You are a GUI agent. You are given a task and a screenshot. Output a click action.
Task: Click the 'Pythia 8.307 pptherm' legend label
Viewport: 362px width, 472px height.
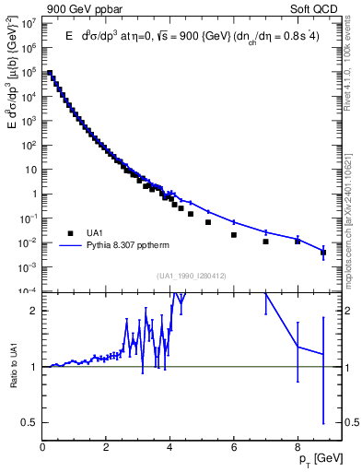tap(129, 246)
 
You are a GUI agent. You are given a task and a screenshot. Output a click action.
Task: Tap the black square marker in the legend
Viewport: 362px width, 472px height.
tap(69, 232)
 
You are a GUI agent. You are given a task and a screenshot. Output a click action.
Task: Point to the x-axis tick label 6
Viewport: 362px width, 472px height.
tap(234, 449)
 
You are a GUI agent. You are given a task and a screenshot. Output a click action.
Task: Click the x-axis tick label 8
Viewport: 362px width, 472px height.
tap(298, 449)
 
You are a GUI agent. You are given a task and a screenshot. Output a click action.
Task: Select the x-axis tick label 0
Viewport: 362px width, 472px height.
tap(42, 449)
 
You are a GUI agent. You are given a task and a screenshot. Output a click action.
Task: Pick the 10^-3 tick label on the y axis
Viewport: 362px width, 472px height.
tap(29, 267)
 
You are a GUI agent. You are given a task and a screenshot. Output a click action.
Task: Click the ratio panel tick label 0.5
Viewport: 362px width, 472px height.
tap(30, 423)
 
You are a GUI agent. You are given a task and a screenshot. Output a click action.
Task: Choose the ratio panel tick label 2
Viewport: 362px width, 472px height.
tap(35, 311)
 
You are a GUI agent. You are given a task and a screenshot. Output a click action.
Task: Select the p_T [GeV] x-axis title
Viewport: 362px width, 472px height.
tap(318, 459)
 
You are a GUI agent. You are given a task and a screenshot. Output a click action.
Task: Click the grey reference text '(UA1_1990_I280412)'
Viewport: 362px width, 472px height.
tap(193, 277)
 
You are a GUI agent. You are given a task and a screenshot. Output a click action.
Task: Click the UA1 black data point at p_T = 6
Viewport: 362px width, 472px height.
tap(234, 235)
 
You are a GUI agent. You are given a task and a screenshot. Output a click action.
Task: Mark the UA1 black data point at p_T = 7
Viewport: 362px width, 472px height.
tap(265, 242)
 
